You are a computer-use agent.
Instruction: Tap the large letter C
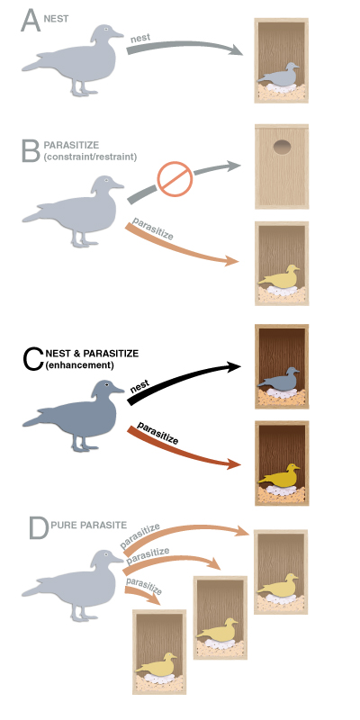point(33,358)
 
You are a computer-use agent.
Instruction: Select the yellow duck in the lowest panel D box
point(158,664)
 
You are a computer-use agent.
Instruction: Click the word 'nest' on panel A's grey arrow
point(141,38)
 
